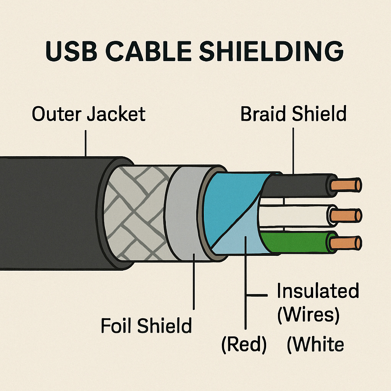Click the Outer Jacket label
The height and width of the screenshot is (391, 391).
coord(89,114)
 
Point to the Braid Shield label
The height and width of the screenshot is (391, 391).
coord(293,114)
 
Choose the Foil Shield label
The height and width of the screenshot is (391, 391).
coord(146,326)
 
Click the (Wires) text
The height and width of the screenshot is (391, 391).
coord(308,315)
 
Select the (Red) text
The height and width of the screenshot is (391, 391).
coord(244,345)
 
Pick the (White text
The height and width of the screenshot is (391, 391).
coord(315,345)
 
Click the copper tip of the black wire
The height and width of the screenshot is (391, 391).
coord(346,185)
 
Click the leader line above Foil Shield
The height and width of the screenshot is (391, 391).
coord(194,283)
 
